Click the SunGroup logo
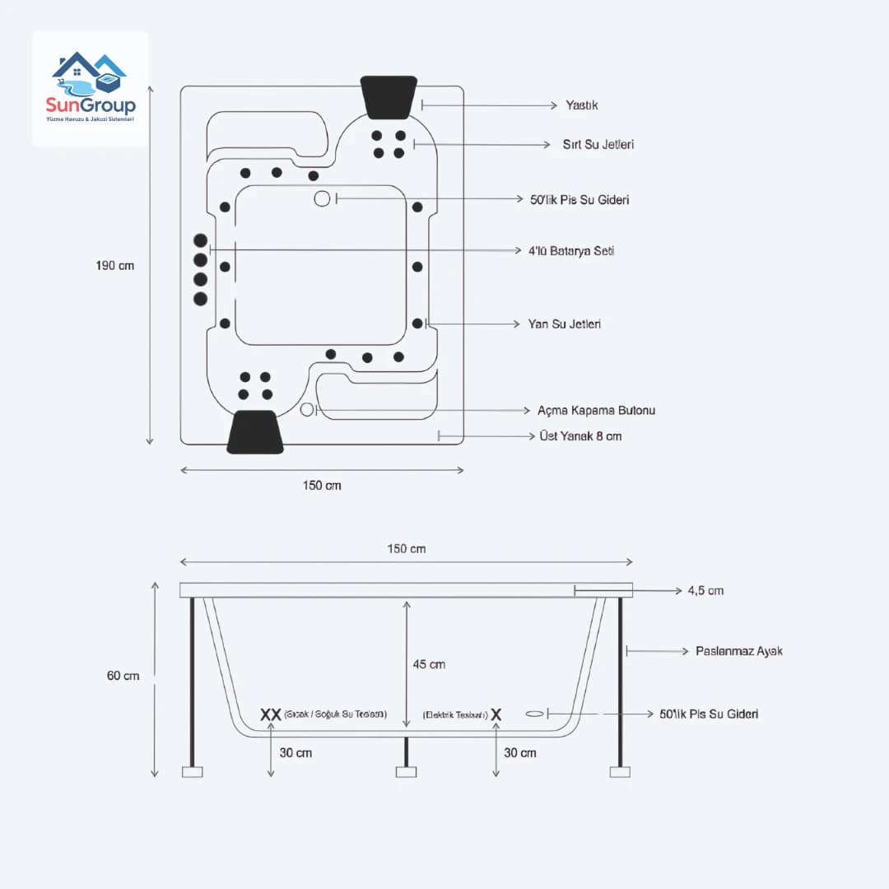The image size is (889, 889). (x=91, y=88)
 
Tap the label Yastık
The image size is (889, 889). (x=581, y=105)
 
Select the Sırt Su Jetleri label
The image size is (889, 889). (x=598, y=144)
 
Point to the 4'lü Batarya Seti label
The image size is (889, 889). (x=571, y=250)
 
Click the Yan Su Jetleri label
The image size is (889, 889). (x=564, y=324)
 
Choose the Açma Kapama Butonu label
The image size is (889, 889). (x=596, y=410)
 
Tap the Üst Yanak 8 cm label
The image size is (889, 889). (x=580, y=436)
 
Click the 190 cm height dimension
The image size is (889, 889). (x=114, y=266)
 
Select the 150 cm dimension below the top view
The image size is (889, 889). (x=321, y=486)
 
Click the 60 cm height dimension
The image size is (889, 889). (x=123, y=676)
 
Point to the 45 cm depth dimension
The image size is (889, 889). (x=430, y=664)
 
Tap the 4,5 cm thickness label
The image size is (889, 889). (x=705, y=591)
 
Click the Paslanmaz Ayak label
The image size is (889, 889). (x=738, y=651)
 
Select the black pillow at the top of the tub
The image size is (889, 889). (x=389, y=96)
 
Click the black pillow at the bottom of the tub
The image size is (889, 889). (x=255, y=431)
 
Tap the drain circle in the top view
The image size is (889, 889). (x=322, y=198)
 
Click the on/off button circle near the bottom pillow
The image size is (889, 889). (x=307, y=410)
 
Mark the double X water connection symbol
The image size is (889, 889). (x=271, y=714)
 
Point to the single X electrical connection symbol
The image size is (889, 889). (x=496, y=714)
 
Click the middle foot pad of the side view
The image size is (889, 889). (x=406, y=772)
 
